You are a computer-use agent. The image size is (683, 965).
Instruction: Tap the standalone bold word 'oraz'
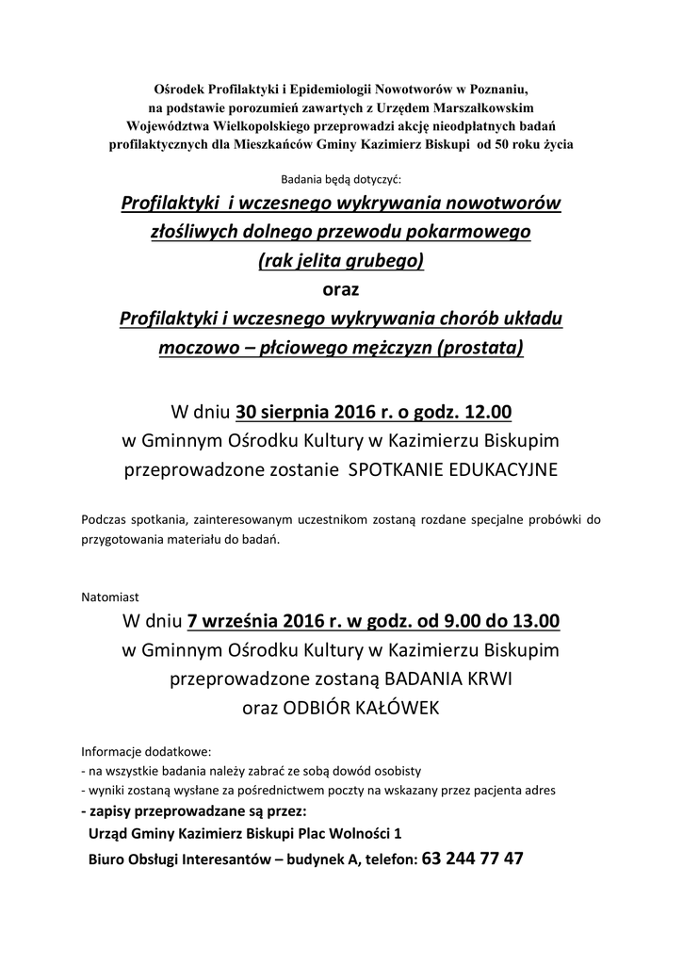[341, 288]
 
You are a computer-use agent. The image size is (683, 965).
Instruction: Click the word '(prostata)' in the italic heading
[480, 347]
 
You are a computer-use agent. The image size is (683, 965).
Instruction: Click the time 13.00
[535, 621]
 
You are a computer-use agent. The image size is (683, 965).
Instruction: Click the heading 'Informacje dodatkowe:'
[147, 752]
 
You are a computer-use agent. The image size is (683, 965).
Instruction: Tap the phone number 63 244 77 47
[474, 859]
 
